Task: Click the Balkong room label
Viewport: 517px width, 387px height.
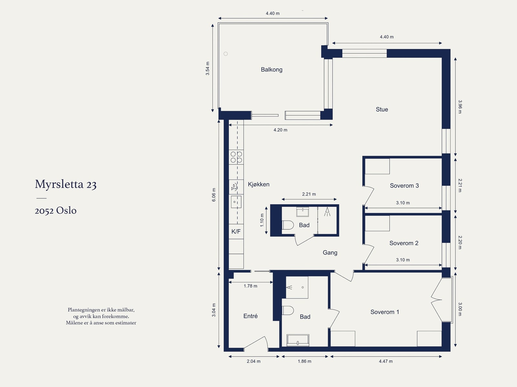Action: pos(271,70)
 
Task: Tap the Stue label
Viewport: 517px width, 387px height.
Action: pos(382,110)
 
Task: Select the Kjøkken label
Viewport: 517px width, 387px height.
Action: pos(258,184)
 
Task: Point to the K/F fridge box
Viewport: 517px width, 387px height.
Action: pos(236,231)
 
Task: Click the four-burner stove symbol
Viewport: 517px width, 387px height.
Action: pos(236,157)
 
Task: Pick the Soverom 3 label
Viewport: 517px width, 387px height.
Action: pos(404,186)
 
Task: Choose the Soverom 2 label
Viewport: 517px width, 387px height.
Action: pos(404,243)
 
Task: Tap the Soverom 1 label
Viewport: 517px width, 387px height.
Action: pos(385,312)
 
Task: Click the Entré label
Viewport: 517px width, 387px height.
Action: pos(250,316)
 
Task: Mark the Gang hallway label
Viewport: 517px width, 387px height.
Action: pos(330,253)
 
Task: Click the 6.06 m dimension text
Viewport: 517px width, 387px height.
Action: pos(214,195)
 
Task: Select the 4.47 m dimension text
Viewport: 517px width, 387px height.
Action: pos(385,361)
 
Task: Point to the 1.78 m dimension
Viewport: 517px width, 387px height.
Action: pos(250,286)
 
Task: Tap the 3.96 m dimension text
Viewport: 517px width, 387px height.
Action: pos(460,107)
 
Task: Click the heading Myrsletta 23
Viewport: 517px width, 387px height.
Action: pos(66,184)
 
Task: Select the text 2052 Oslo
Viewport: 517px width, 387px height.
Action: pos(56,211)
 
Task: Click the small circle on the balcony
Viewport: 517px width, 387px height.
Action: pos(226,54)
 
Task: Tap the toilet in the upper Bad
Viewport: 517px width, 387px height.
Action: pos(288,225)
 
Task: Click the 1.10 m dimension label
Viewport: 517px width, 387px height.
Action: pos(262,220)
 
